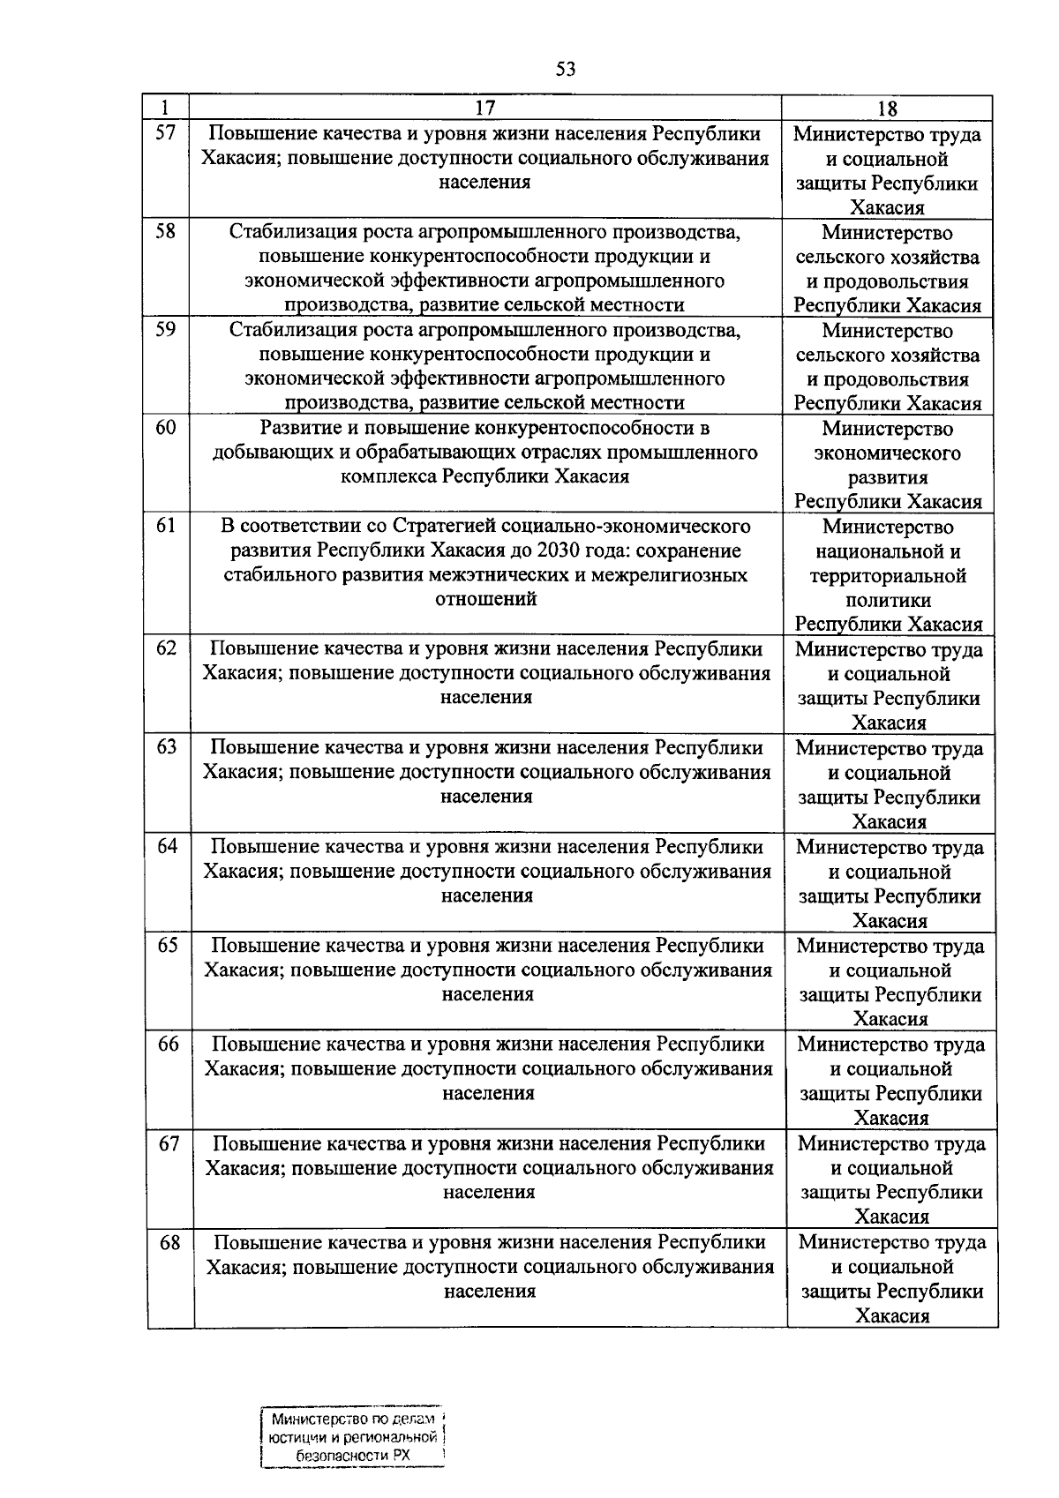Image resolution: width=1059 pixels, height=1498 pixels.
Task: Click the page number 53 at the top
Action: [x=566, y=69]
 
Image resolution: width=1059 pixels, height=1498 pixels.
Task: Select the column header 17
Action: [x=485, y=108]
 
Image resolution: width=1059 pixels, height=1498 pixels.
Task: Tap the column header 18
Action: [x=887, y=109]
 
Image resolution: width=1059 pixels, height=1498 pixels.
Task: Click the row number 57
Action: [x=166, y=133]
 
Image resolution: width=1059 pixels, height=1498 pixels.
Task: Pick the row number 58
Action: [x=166, y=231]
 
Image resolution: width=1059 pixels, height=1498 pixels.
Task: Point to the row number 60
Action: [x=166, y=428]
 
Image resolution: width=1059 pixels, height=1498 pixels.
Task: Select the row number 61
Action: [x=166, y=526]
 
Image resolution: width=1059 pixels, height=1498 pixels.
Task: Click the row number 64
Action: [x=167, y=846]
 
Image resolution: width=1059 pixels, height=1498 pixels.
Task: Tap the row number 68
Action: [x=169, y=1242]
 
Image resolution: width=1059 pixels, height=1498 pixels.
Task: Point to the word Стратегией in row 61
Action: [x=439, y=527]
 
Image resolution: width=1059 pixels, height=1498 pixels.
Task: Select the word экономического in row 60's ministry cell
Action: [x=888, y=453]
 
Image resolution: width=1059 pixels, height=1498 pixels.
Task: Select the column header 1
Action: [x=166, y=108]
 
